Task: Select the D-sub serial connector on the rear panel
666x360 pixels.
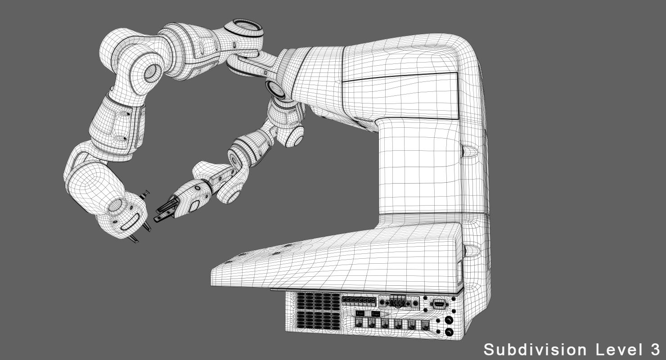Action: (x=438, y=304)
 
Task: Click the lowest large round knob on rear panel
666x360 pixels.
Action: (x=448, y=333)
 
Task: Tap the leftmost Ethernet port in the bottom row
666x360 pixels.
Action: (x=359, y=323)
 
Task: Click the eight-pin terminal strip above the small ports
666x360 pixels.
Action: (x=358, y=300)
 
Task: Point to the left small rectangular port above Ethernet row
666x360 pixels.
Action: (x=360, y=312)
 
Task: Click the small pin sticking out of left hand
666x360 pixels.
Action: (x=145, y=194)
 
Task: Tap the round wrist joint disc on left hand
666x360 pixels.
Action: (x=116, y=206)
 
